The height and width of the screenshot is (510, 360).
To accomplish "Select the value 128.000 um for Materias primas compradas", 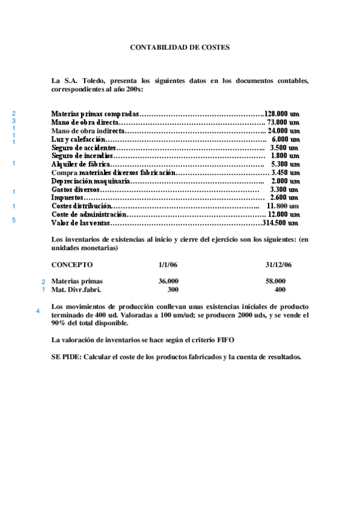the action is coord(282,113).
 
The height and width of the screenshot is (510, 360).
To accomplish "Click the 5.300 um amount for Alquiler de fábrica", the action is coord(285,164).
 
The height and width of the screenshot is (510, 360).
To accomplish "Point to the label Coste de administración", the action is coord(89,214).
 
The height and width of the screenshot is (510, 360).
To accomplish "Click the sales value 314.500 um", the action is coord(281,223).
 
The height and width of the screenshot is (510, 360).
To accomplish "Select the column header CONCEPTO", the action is coord(72,264).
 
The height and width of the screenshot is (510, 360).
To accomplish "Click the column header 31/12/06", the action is coord(278,264).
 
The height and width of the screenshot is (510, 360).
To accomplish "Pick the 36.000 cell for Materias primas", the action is coord(168,281).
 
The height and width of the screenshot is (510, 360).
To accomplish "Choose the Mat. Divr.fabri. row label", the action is coord(76,289).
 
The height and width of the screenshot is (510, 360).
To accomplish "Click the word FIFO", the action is coord(226,340).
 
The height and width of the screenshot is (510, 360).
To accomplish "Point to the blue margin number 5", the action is coord(14,220).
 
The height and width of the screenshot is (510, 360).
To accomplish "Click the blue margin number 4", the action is coord(38,311).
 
